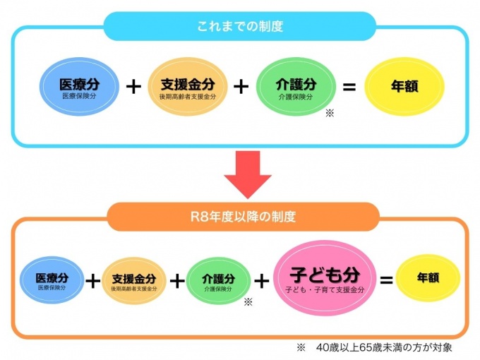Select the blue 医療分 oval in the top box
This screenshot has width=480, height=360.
(x=78, y=87)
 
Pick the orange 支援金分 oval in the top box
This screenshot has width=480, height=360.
(x=187, y=87)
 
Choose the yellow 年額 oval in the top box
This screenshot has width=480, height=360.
(x=404, y=87)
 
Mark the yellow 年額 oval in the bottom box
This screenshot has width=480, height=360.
(x=428, y=278)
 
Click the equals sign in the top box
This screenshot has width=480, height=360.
(x=349, y=87)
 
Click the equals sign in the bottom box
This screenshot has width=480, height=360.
(x=386, y=280)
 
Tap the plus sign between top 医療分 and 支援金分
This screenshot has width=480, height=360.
(x=133, y=87)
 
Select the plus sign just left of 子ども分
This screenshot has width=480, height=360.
(x=262, y=280)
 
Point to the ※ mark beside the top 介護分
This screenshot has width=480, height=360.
(x=329, y=113)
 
